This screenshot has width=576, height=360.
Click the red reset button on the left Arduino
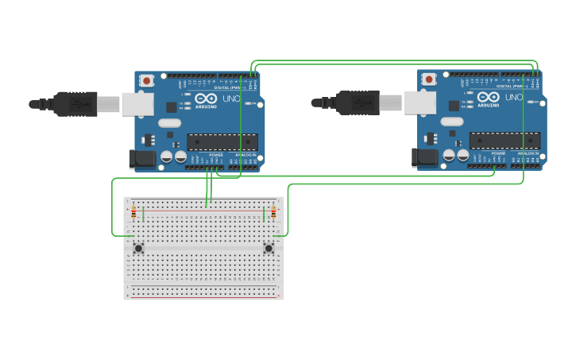point(146,79)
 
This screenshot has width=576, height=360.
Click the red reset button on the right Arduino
point(429,79)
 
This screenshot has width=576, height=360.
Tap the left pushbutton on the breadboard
point(138,248)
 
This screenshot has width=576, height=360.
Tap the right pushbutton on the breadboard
point(269,248)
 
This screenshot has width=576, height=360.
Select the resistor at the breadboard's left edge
point(133,212)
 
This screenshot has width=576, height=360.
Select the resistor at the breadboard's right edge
point(274,212)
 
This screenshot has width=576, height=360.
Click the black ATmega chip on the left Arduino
point(222,141)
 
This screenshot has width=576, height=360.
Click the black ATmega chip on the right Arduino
point(504,141)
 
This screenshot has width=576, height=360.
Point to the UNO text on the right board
point(512,98)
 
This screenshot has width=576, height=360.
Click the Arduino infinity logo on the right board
point(488,97)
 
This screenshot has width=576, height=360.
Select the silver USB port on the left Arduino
point(137,103)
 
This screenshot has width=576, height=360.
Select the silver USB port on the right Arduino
point(419,102)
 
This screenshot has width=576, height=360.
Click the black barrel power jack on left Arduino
point(143,158)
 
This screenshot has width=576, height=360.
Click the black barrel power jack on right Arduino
point(426,157)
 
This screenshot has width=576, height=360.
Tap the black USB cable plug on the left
point(75,103)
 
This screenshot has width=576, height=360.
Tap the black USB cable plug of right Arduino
point(358,103)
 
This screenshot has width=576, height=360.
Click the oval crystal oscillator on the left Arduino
point(169,123)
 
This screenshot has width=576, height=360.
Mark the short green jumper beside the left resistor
point(143,215)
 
